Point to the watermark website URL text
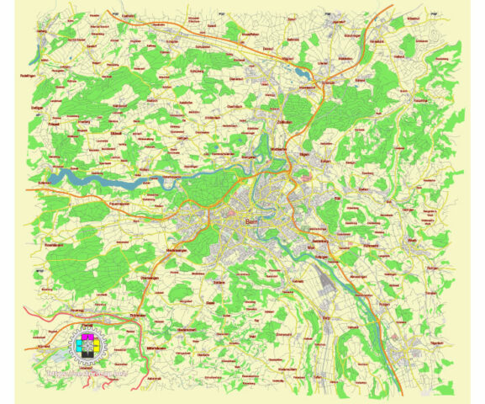click(x=88, y=368)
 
